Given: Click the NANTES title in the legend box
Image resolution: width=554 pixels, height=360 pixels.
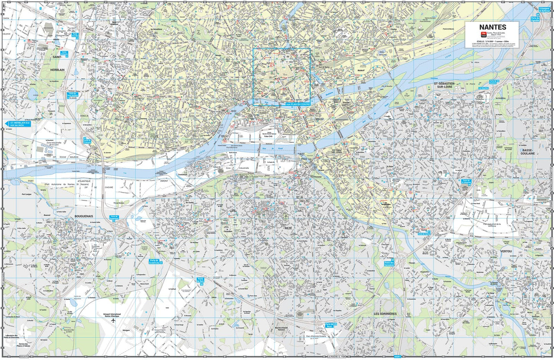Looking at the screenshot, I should [492, 27].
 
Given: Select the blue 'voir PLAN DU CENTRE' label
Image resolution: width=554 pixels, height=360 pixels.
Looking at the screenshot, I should [298, 104].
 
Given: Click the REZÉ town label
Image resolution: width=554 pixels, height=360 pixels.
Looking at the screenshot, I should [288, 229].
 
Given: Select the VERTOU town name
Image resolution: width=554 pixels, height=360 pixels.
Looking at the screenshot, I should [506, 251].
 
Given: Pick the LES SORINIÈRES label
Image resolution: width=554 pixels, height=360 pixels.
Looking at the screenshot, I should [385, 313].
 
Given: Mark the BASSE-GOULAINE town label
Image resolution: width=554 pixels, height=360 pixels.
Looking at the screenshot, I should [528, 152].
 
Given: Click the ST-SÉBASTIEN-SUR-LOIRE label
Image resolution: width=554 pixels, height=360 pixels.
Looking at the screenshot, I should [444, 85].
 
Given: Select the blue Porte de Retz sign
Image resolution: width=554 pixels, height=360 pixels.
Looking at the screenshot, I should [201, 281].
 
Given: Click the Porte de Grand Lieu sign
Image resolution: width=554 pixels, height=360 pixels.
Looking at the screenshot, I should [156, 261].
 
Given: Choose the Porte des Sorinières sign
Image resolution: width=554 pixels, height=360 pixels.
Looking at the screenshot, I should [389, 264].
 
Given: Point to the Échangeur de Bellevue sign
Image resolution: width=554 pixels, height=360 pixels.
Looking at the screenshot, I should [544, 10].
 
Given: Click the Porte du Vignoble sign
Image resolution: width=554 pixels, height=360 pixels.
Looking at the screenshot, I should [535, 19].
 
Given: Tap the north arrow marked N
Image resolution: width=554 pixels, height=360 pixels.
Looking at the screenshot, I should [4, 6].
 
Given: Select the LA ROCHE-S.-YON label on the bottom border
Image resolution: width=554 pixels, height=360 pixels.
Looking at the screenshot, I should [337, 357].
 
